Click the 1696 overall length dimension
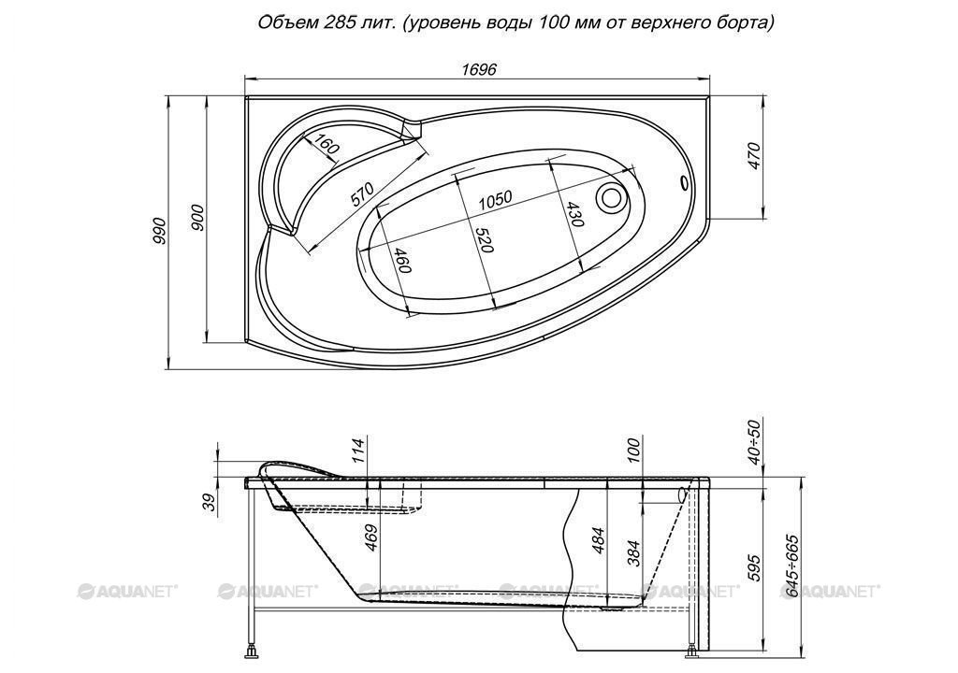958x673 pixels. coord(478,69)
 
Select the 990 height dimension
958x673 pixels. coord(159,231)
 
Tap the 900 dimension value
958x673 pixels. coord(196,218)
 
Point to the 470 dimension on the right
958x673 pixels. coord(755,156)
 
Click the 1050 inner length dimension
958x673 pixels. coord(494,199)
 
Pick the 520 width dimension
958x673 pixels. coord(484,239)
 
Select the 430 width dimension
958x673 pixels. coord(574,214)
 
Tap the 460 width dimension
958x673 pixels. coord(400,261)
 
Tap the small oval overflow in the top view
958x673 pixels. coord(684,182)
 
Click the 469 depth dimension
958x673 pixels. coord(371,538)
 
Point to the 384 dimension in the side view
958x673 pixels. coord(635,552)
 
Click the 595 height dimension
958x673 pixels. coord(755,567)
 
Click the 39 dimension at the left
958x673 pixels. coord(210,502)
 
